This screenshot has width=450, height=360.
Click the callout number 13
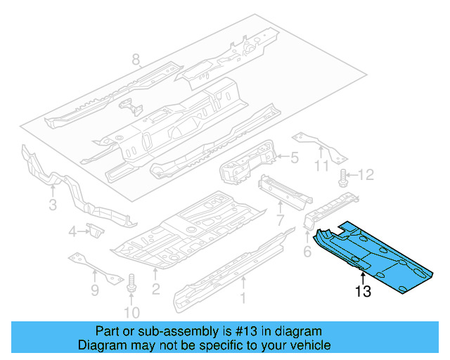(x=363, y=292)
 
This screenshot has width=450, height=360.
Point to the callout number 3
(x=52, y=205)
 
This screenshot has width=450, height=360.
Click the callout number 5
(x=295, y=159)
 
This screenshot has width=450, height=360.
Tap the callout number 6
(x=307, y=251)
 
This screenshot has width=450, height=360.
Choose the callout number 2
(x=155, y=289)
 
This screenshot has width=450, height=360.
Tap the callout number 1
(x=243, y=297)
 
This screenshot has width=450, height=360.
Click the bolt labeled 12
(x=344, y=176)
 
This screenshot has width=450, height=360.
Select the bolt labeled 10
(x=131, y=284)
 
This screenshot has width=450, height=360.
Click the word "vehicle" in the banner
(x=307, y=345)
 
